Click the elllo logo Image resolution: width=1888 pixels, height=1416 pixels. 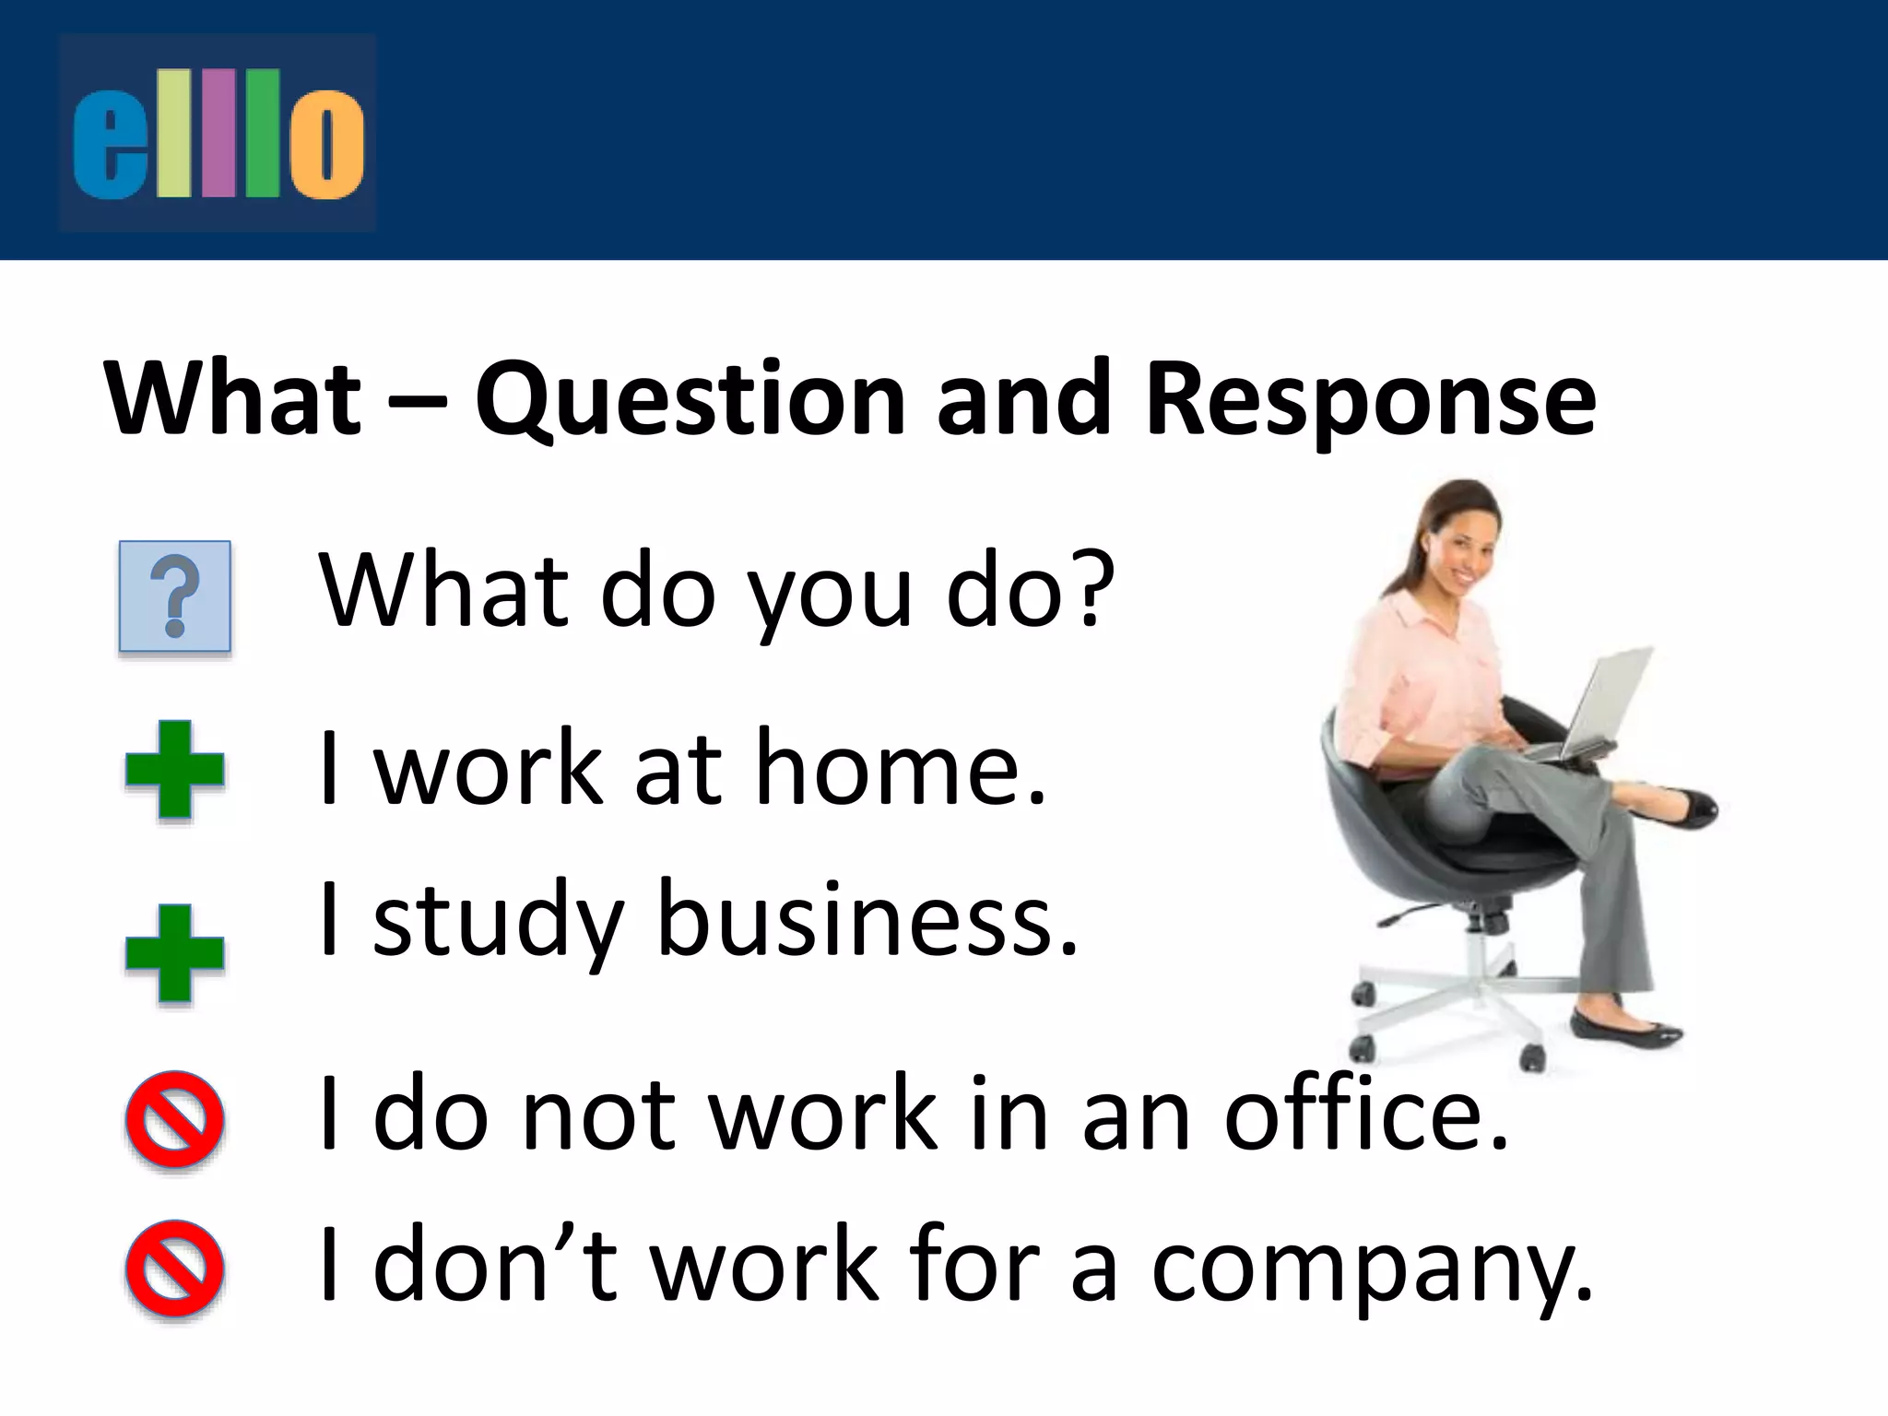click(x=218, y=133)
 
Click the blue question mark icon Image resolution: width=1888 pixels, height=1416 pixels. click(x=175, y=596)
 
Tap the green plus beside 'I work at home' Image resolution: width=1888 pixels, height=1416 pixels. click(x=175, y=770)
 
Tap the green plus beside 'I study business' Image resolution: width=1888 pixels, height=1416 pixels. click(x=175, y=953)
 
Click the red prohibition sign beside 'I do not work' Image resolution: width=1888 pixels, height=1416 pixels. click(x=175, y=1120)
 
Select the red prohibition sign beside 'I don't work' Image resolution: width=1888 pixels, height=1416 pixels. click(x=175, y=1269)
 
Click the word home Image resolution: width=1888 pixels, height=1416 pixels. click(x=900, y=767)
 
